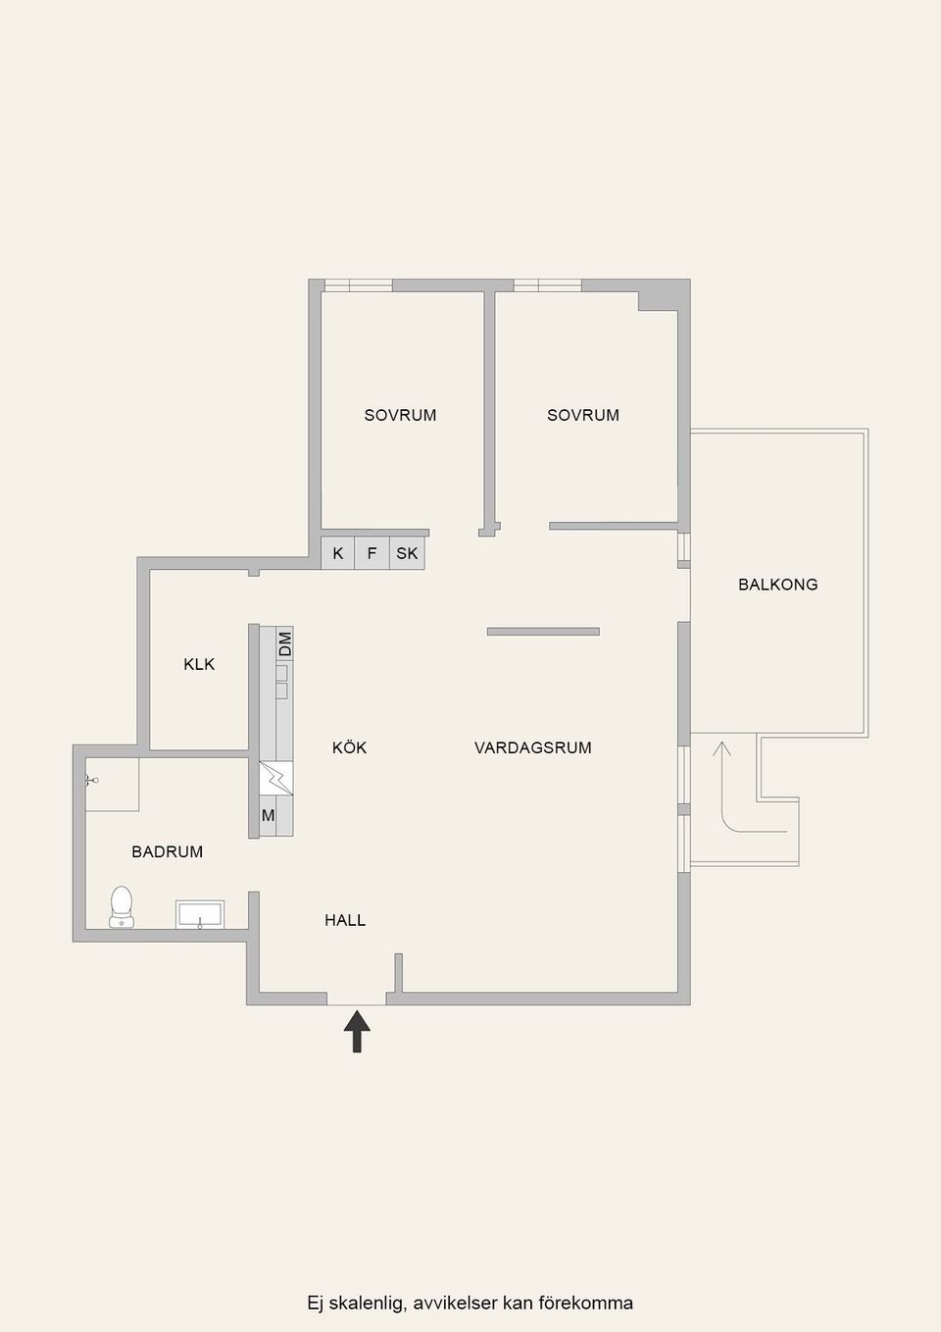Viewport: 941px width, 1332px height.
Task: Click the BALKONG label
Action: [777, 585]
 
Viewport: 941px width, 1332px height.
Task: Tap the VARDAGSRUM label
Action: [533, 747]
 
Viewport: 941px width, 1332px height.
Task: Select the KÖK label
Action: [349, 746]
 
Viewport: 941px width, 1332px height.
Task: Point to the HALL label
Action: [345, 920]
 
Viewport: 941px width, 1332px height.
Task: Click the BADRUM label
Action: [168, 851]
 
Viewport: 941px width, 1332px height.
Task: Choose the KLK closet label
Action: [199, 664]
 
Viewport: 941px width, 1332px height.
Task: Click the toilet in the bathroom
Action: [122, 907]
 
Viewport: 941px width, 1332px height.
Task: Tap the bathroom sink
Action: [200, 914]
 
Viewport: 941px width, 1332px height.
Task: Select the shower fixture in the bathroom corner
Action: [91, 780]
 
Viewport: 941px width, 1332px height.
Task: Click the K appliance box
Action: [338, 553]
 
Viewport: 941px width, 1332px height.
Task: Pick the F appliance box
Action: [371, 553]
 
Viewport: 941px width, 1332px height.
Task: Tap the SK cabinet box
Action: [407, 553]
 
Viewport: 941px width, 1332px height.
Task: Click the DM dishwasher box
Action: [285, 643]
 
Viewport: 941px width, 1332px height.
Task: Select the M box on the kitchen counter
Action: [268, 816]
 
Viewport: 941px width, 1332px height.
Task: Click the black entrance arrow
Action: [357, 1031]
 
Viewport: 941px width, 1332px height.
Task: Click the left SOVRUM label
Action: [400, 415]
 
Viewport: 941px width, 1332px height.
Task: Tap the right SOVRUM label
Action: [583, 415]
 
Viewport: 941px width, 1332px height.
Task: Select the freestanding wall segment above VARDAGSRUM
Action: [543, 632]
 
